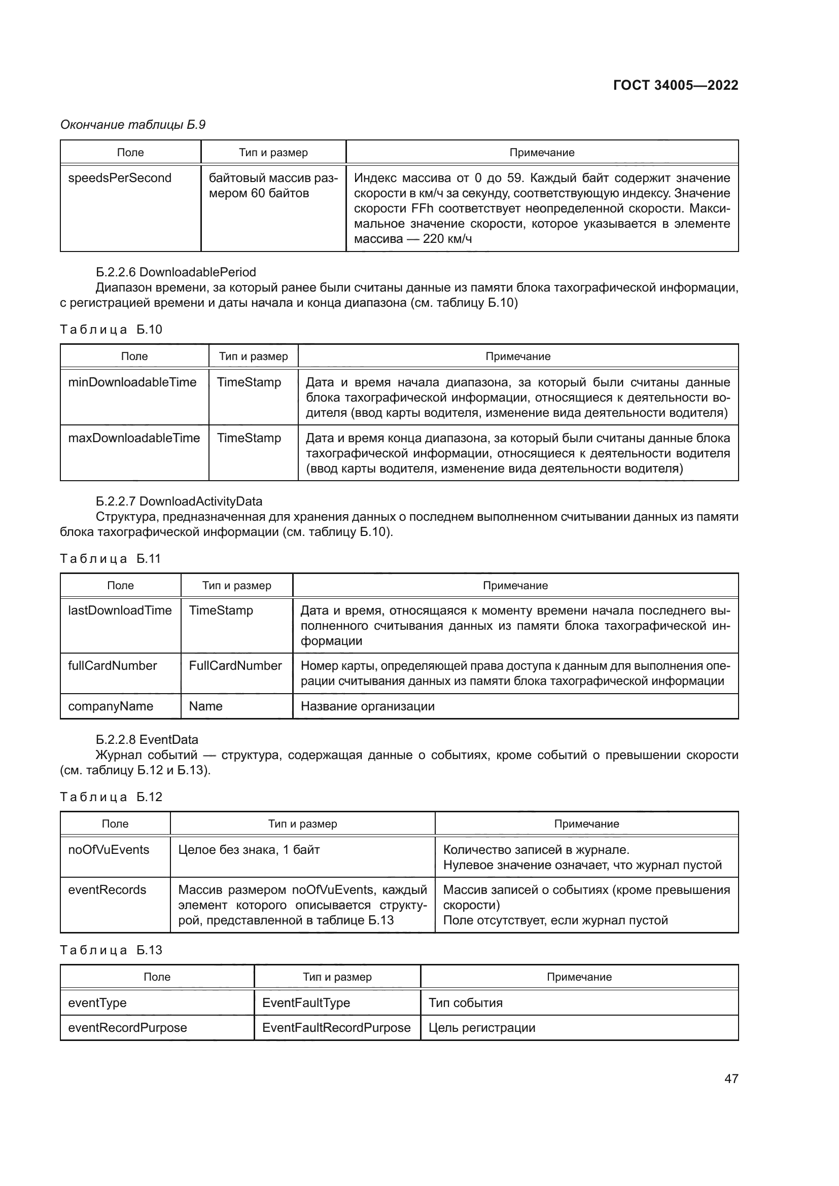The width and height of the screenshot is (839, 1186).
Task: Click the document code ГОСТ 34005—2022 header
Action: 675,85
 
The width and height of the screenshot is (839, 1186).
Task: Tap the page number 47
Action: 731,1078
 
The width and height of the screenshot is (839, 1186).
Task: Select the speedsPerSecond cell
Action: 120,178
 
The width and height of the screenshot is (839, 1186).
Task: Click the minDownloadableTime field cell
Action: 132,382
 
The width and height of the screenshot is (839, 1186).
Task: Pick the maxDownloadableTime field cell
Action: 134,438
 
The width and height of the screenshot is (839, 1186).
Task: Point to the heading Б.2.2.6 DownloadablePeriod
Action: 176,272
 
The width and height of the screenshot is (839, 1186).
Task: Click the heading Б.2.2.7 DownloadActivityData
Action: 179,501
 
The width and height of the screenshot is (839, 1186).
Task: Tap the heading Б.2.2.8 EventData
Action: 147,739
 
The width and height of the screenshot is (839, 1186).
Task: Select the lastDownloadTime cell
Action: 120,610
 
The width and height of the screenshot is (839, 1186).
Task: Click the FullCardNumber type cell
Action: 235,665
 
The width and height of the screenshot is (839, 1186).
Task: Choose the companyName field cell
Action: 111,706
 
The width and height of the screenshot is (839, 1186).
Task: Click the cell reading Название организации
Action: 367,706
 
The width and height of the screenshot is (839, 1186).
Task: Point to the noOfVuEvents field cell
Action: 109,850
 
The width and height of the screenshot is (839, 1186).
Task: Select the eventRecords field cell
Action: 107,890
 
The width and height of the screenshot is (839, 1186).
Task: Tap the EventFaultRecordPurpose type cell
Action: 336,1027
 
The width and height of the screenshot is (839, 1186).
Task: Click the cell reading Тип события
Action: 465,1002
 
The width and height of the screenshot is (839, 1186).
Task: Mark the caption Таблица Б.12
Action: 111,797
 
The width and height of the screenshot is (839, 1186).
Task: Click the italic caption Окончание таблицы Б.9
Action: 133,125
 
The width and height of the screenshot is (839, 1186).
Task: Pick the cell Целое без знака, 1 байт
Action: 249,850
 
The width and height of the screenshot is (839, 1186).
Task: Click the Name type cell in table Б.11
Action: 205,706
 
